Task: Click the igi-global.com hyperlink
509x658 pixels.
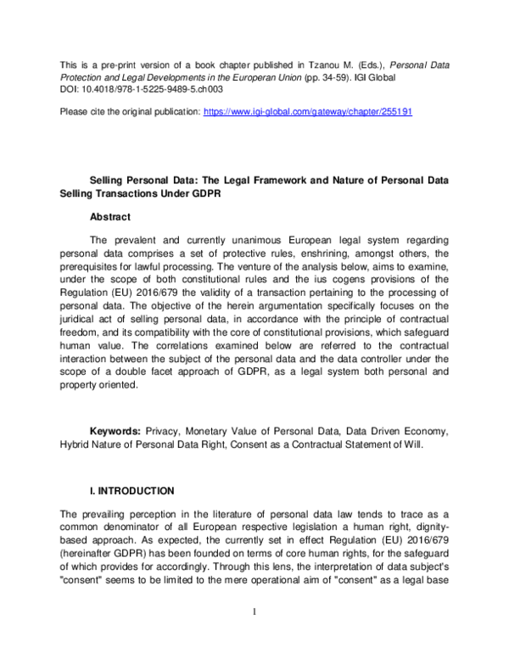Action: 308,111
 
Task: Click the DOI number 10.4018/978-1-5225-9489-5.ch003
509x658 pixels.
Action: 143,87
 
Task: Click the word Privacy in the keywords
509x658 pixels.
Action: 165,431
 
